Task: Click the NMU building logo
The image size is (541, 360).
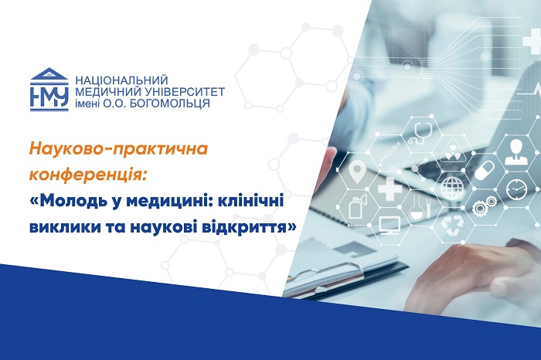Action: [x=49, y=90]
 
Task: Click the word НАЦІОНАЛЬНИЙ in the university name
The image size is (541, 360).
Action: [x=121, y=80]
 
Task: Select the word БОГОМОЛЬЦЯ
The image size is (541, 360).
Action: [x=169, y=103]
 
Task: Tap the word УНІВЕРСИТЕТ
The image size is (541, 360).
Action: [x=180, y=92]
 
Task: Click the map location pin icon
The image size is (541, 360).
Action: [x=356, y=173]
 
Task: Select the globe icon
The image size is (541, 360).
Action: [x=451, y=188]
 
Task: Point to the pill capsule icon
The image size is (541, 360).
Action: [x=484, y=170]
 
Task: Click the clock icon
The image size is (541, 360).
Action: [x=516, y=189]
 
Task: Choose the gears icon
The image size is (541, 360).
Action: [x=484, y=205]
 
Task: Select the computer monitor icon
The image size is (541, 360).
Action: [x=390, y=226]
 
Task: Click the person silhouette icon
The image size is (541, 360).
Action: [x=515, y=151]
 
